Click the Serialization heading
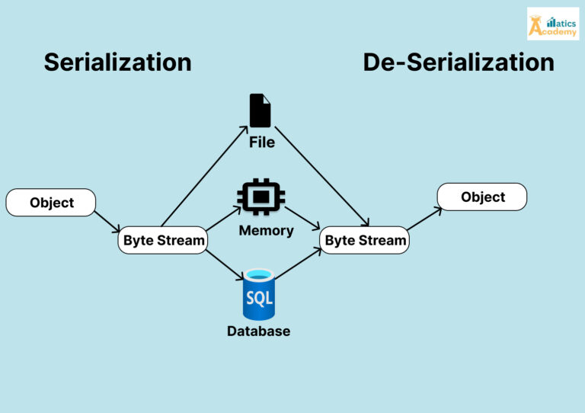tap(117, 62)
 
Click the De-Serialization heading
tap(458, 62)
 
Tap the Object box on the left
tap(51, 203)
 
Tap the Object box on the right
tap(482, 197)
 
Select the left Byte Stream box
tap(164, 241)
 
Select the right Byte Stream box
tap(365, 241)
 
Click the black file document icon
tap(261, 110)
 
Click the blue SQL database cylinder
tap(259, 294)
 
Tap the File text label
tap(261, 142)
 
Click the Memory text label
tap(266, 230)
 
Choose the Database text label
tap(259, 331)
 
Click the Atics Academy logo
tap(552, 24)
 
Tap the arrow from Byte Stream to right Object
tap(424, 219)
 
